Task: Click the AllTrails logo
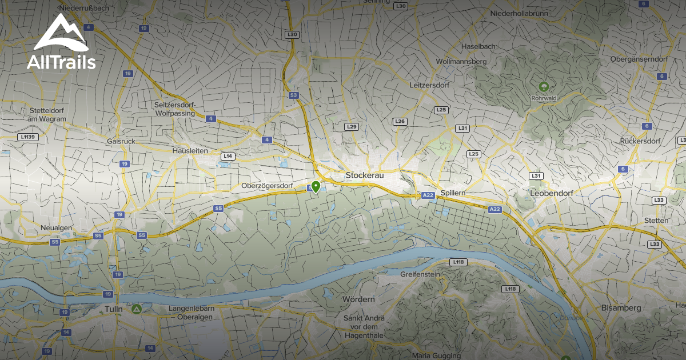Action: [61, 43]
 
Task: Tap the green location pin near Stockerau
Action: [316, 186]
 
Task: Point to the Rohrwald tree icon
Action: [544, 87]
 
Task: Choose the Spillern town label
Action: [453, 193]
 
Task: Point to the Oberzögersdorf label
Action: [267, 186]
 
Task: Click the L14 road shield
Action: [228, 156]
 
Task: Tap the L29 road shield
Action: [352, 126]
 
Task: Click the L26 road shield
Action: [400, 121]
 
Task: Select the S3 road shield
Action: [294, 95]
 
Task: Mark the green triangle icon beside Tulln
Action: [136, 309]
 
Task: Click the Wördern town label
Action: [358, 299]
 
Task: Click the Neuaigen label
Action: [56, 227]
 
